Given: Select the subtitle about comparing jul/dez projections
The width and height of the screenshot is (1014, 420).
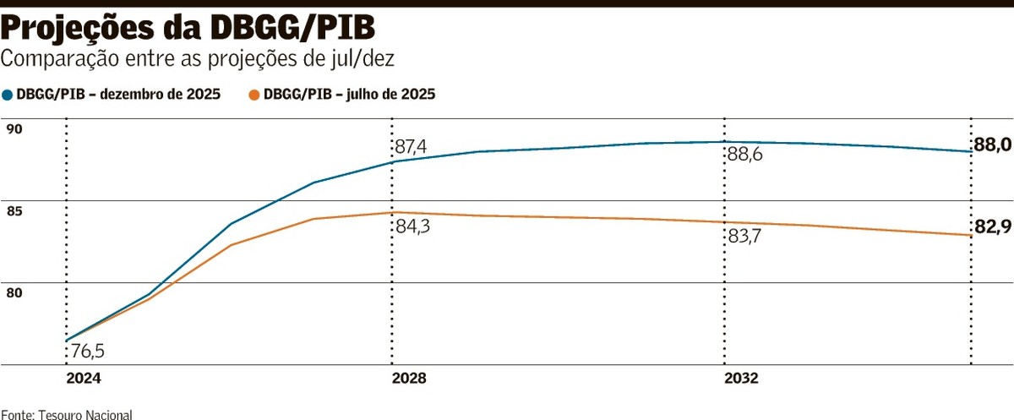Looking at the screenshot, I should click(198, 59).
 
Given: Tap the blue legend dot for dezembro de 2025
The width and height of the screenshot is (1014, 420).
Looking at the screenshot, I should click(8, 95).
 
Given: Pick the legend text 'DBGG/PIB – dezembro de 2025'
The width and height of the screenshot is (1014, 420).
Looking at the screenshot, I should click(118, 95).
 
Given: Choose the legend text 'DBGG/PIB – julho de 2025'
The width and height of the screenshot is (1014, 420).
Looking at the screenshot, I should click(350, 95).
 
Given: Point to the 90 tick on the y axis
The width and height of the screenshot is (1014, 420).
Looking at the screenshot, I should click(14, 129).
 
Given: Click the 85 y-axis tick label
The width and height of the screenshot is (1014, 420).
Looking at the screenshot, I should click(14, 211).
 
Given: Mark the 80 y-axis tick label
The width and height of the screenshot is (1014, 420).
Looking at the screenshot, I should click(14, 293).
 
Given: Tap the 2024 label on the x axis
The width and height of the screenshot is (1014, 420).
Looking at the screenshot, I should click(84, 379).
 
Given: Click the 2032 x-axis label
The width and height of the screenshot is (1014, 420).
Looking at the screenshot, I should click(741, 379).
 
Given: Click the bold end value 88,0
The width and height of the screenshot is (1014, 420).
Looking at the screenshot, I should click(992, 145).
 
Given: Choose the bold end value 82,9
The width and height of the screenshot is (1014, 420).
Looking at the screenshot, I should click(992, 226).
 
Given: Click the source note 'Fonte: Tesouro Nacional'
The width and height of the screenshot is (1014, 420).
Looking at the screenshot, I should click(67, 414).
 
